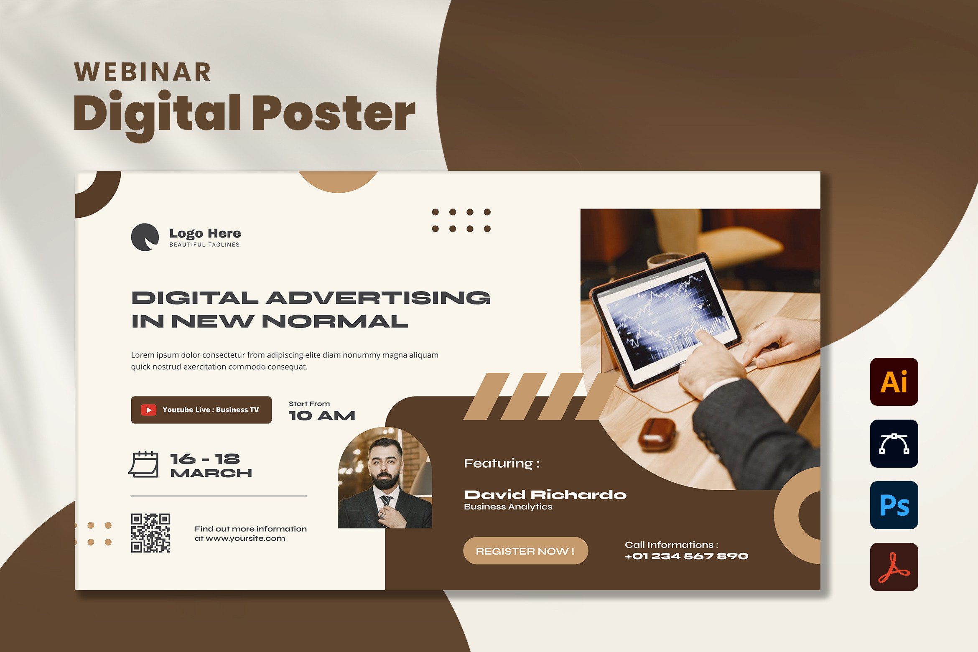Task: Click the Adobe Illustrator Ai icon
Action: pyautogui.click(x=894, y=382)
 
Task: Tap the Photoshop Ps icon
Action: pyautogui.click(x=894, y=505)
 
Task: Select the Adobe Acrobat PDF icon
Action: pyautogui.click(x=894, y=567)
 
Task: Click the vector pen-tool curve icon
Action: pyautogui.click(x=894, y=443)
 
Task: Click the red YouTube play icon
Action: pyautogui.click(x=148, y=410)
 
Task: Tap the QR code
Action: pyautogui.click(x=150, y=533)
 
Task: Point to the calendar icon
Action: pyautogui.click(x=143, y=464)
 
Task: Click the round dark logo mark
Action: pyautogui.click(x=145, y=237)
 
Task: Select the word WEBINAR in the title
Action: pyautogui.click(x=143, y=72)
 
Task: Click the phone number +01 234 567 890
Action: pyautogui.click(x=686, y=556)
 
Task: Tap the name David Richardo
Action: pyautogui.click(x=545, y=495)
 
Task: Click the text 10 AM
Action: pyautogui.click(x=322, y=415)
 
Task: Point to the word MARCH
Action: pyautogui.click(x=211, y=473)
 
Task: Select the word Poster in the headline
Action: pyautogui.click(x=334, y=113)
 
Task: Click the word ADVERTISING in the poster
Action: pyautogui.click(x=378, y=298)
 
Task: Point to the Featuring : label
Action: pyautogui.click(x=502, y=464)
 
